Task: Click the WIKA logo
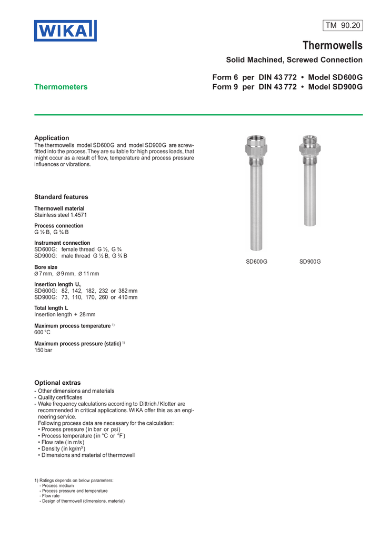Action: [x=65, y=31]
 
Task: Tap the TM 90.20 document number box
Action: [x=343, y=25]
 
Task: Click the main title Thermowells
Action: [x=332, y=46]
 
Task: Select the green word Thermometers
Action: [x=61, y=87]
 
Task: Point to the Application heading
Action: [x=52, y=138]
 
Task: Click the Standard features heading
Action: [x=61, y=197]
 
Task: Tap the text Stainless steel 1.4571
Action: [x=61, y=215]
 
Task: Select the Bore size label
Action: [x=46, y=267]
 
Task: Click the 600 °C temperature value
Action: [x=43, y=332]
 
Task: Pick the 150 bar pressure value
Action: [x=43, y=350]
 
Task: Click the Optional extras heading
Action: [x=57, y=382]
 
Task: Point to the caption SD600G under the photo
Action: [x=257, y=262]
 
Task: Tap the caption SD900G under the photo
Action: [x=310, y=262]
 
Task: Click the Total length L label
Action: [x=51, y=308]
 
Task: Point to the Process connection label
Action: [x=58, y=226]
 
